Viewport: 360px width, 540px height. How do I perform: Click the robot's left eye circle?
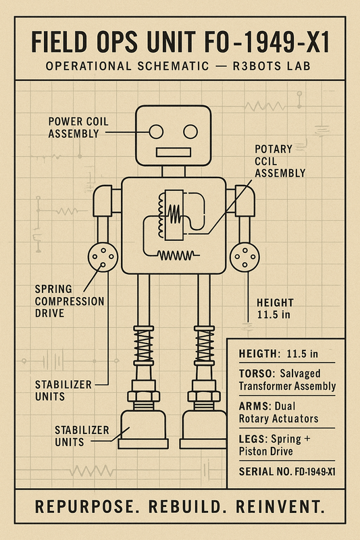click(157, 131)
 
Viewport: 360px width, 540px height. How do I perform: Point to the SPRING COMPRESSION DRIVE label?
click(69, 301)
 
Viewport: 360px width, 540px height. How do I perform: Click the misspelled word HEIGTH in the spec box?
click(259, 354)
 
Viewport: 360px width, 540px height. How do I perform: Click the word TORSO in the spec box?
click(255, 373)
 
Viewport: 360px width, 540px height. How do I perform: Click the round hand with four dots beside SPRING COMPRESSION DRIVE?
click(103, 256)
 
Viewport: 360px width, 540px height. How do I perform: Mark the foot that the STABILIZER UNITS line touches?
click(143, 432)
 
